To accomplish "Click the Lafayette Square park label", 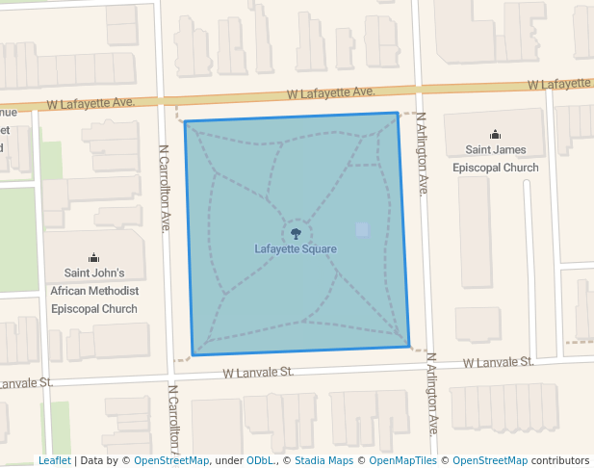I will click(296, 249).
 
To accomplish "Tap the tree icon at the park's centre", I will click(296, 232).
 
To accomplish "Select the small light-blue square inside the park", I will click(362, 229).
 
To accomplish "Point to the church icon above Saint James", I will click(495, 135).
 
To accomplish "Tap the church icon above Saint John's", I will click(93, 257).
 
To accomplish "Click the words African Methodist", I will click(94, 291).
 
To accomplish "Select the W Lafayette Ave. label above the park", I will click(330, 93).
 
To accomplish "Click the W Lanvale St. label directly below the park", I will click(258, 372).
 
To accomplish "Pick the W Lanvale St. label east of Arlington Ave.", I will click(498, 363).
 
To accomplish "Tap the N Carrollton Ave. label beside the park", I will click(165, 189).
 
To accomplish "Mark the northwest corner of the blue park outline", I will click(185, 122).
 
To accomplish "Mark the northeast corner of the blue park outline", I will click(398, 114).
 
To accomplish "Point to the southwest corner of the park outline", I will click(193, 355).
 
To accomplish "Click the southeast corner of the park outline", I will click(409, 347).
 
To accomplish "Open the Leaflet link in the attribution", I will click(54, 461).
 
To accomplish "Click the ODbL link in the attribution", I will click(259, 461).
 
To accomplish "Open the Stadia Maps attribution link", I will click(323, 461).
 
